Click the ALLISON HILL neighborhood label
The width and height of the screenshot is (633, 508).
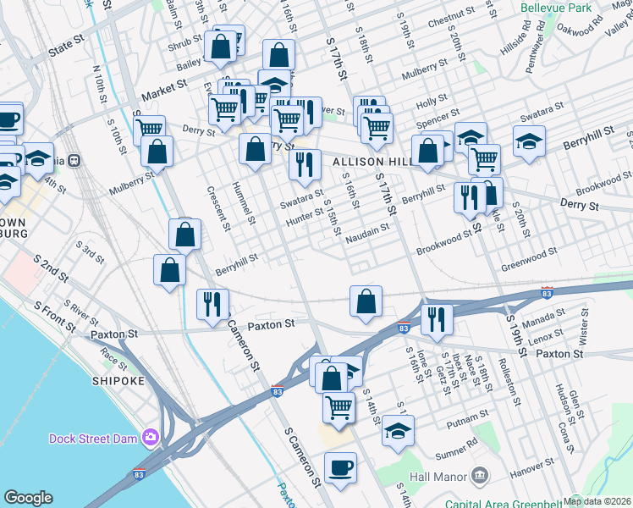(x=371, y=161)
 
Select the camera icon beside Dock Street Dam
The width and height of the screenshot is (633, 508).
(x=151, y=438)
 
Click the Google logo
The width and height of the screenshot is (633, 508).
(x=28, y=498)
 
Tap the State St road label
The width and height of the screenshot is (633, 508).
(x=69, y=51)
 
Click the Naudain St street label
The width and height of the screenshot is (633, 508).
(x=367, y=228)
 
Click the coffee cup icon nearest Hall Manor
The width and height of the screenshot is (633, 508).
(x=340, y=467)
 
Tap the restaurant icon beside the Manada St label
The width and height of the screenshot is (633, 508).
(x=437, y=318)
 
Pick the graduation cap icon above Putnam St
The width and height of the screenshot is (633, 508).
(x=397, y=431)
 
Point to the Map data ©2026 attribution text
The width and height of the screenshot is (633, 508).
(x=597, y=500)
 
